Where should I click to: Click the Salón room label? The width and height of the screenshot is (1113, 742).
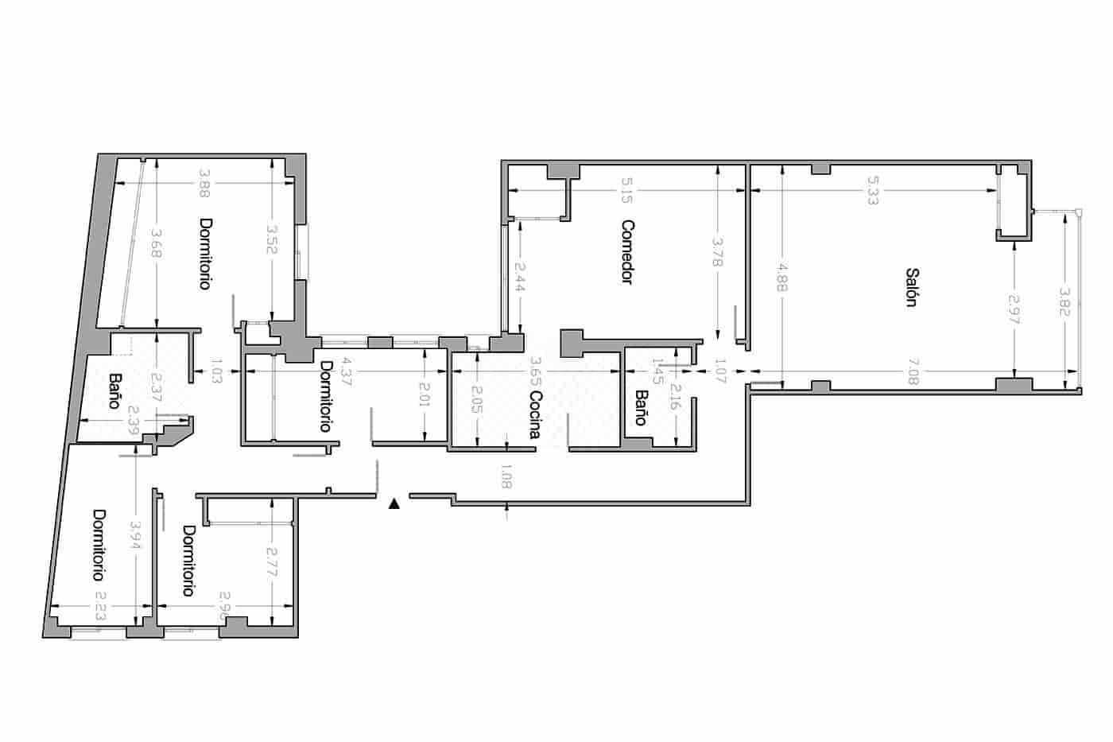pyautogui.click(x=912, y=287)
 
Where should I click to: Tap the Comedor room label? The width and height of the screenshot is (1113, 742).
pyautogui.click(x=627, y=252)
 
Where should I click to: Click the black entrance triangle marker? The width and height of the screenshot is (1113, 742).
pyautogui.click(x=394, y=503)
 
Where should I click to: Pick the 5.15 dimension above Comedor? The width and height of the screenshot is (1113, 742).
pyautogui.click(x=627, y=190)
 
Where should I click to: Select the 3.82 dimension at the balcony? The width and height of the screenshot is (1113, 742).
pyautogui.click(x=1066, y=302)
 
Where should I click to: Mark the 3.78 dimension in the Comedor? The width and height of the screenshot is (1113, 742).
pyautogui.click(x=718, y=252)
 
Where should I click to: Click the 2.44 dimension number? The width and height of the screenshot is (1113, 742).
pyautogui.click(x=519, y=277)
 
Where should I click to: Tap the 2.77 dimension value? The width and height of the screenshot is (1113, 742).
pyautogui.click(x=272, y=561)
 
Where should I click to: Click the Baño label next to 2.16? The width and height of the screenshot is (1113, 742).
pyautogui.click(x=641, y=406)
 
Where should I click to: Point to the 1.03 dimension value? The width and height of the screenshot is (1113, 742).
pyautogui.click(x=216, y=371)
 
